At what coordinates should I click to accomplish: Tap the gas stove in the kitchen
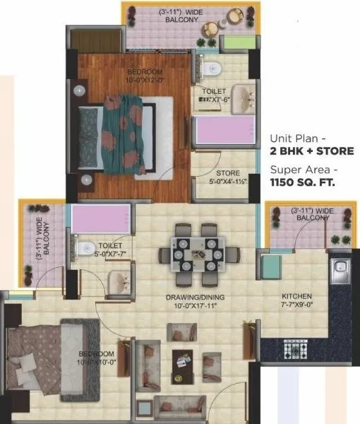tap(292, 348)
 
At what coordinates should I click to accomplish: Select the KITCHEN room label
tap(294, 296)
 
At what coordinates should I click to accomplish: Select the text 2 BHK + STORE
tap(311, 151)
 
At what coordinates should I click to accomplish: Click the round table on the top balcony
tap(210, 29)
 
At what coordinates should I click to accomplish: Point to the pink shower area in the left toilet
tap(101, 218)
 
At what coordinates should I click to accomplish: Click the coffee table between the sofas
tap(182, 363)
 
